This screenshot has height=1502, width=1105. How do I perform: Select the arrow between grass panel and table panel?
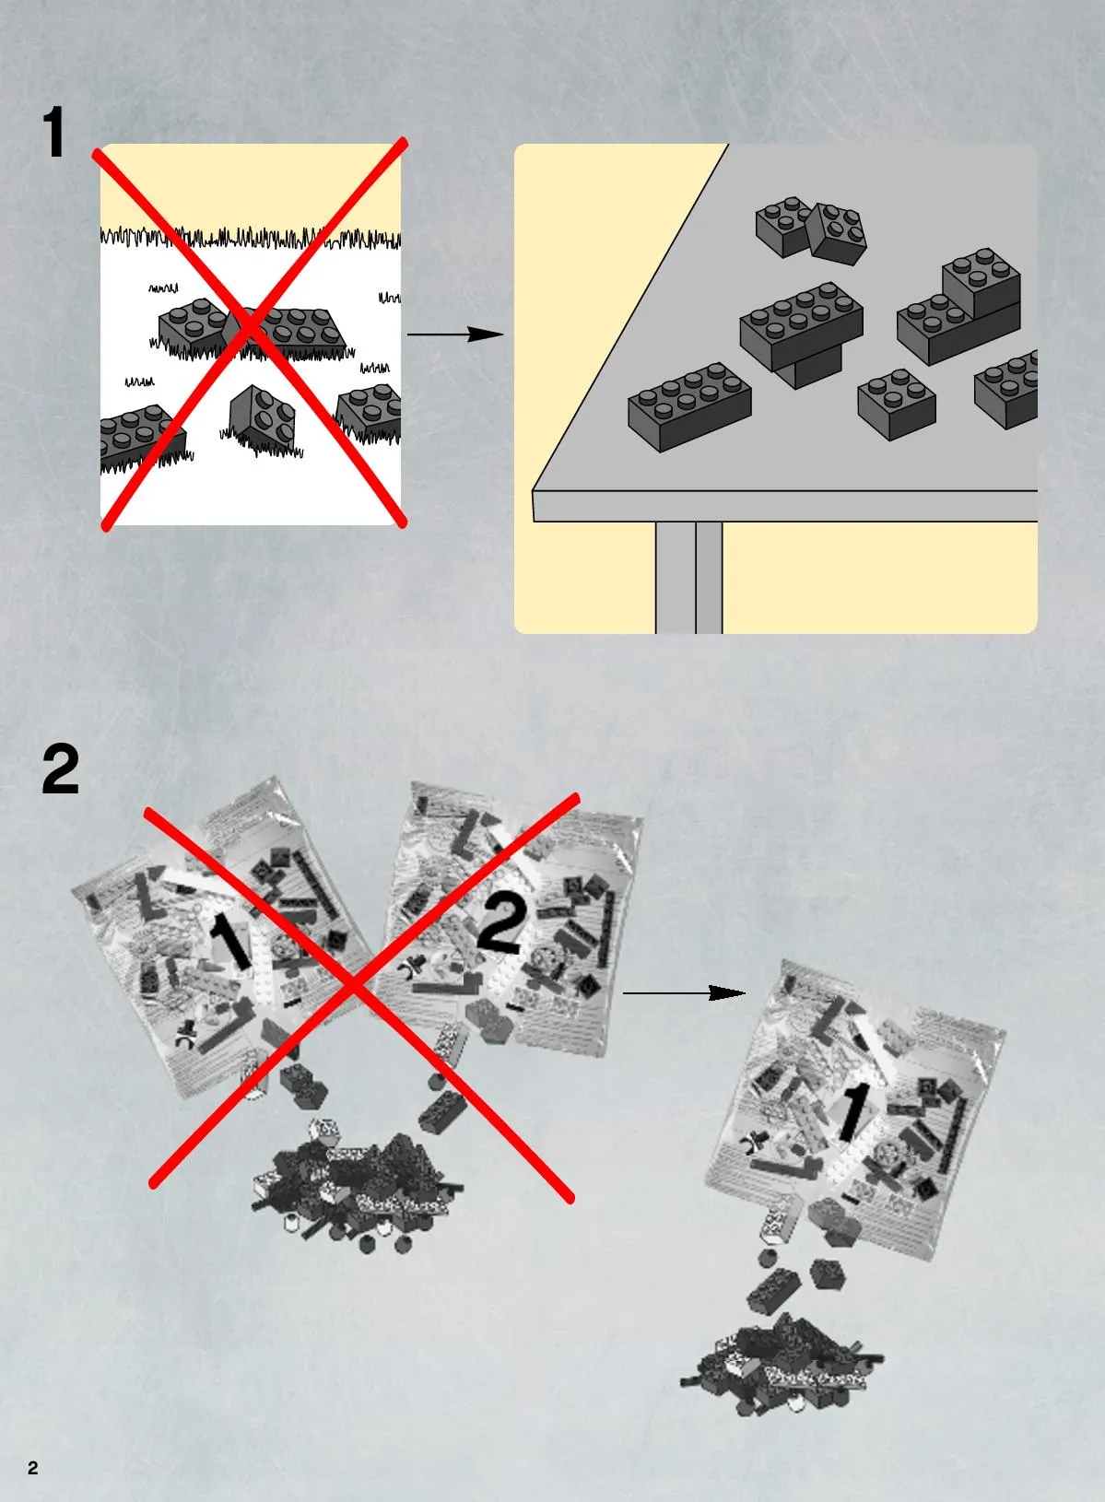coord(455,334)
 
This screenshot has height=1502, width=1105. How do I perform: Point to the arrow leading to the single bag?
coord(684,993)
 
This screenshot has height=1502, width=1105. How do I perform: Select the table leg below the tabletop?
coord(688,577)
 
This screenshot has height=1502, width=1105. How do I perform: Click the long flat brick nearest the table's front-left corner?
coord(690,406)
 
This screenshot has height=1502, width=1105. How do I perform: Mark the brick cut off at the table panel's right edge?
coord(1006,389)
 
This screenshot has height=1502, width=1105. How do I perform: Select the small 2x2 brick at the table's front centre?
coord(897,404)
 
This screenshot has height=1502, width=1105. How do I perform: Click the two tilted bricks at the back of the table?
coord(811,230)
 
